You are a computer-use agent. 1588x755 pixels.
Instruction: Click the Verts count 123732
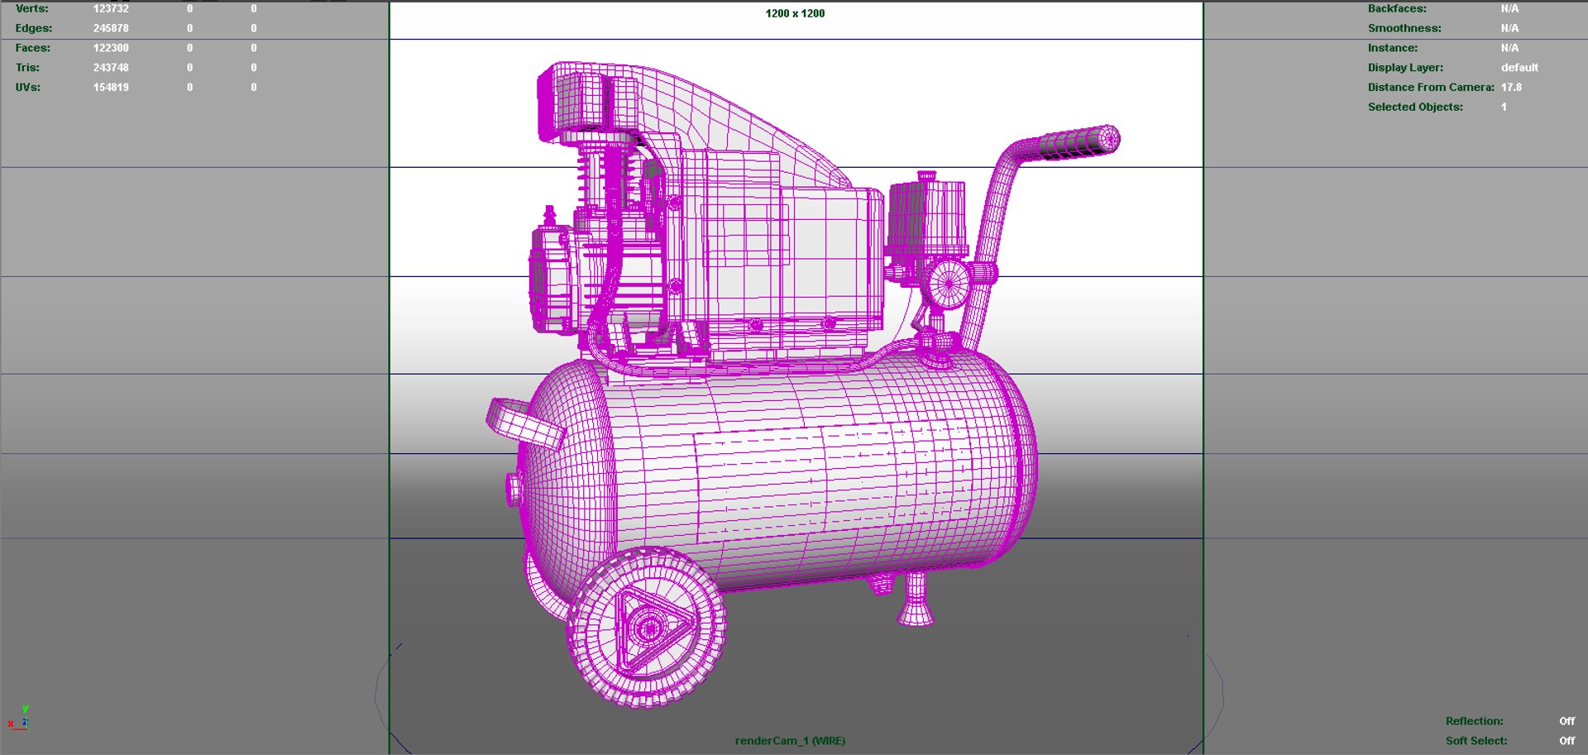[111, 8]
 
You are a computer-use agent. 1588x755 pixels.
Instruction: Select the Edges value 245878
[111, 28]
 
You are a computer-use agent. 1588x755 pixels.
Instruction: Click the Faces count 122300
[111, 48]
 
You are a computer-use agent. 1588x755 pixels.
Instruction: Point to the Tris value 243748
[111, 68]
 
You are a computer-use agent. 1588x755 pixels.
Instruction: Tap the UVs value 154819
[111, 88]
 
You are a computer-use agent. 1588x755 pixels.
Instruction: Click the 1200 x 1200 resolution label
[795, 13]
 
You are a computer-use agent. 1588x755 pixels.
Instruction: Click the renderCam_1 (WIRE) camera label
[790, 741]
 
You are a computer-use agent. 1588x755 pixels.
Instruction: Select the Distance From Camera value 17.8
[1511, 88]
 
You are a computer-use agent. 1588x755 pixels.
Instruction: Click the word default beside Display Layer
[1519, 68]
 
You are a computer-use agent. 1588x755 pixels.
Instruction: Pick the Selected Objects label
[1415, 108]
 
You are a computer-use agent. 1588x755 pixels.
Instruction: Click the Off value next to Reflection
[1566, 721]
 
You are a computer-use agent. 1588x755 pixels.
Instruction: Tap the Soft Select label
[1476, 741]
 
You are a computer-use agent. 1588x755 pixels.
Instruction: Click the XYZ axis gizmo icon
[19, 719]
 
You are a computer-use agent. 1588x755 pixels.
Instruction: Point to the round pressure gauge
[948, 284]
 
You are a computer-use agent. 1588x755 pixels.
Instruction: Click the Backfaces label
[1397, 8]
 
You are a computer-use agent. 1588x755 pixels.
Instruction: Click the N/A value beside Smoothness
[1509, 28]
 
